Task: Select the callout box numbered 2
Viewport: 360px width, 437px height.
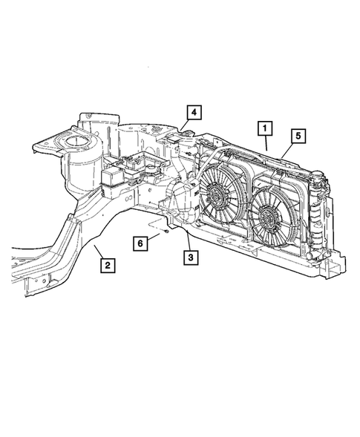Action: (108, 263)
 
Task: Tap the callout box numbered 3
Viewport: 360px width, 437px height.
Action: (191, 257)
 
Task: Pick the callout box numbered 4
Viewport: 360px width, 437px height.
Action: (192, 113)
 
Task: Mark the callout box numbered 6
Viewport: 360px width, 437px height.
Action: (140, 242)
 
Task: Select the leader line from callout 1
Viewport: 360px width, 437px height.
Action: (266, 142)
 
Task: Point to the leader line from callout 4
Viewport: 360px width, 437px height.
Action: (186, 125)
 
